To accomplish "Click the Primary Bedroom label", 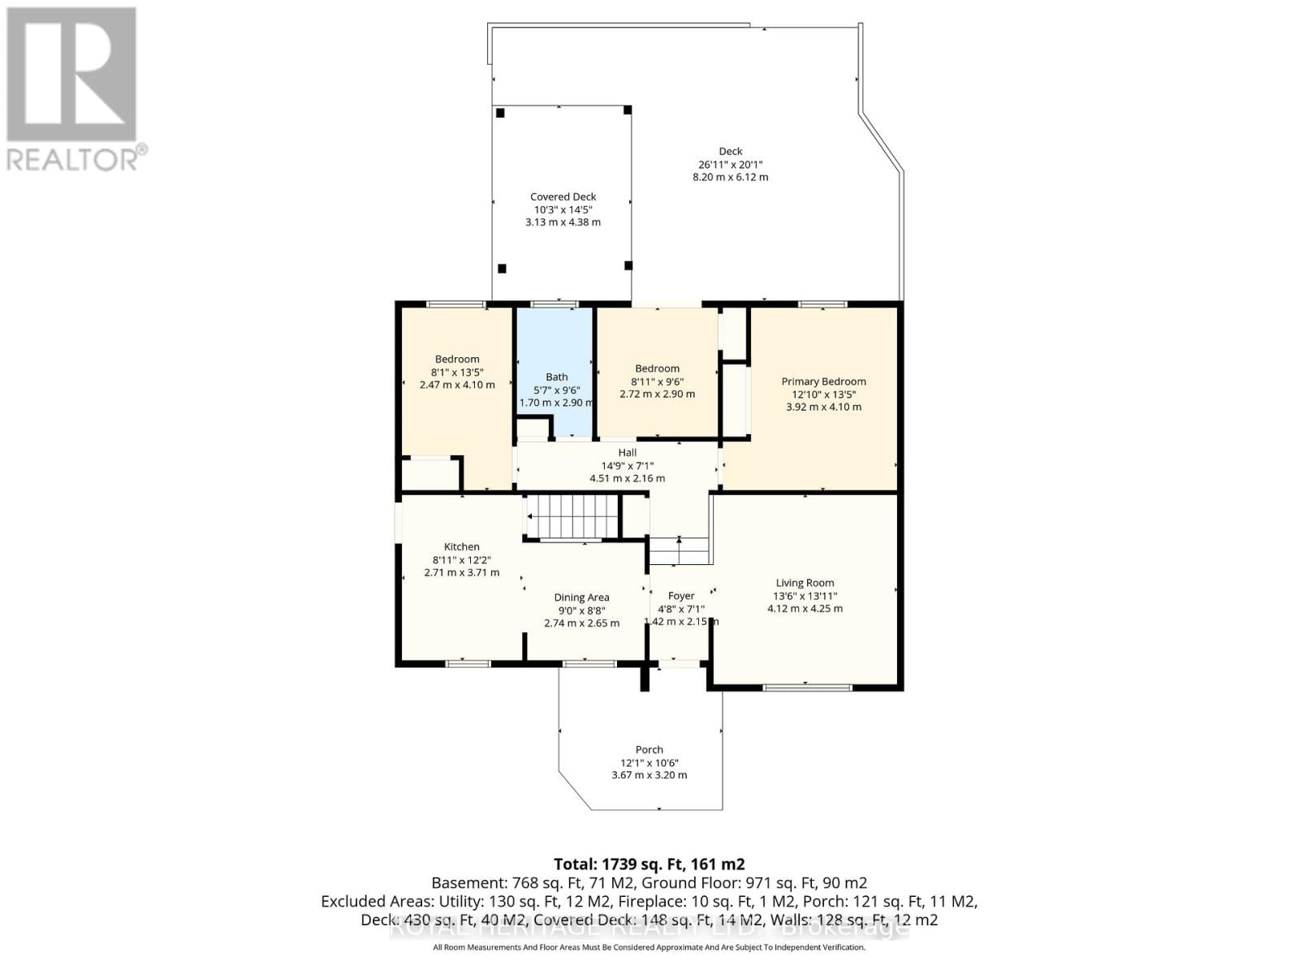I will (x=823, y=381).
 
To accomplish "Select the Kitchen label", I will (x=461, y=547).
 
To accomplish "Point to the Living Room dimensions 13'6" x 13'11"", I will (x=805, y=596).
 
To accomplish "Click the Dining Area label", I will (x=581, y=597).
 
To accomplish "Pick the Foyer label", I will (x=681, y=596).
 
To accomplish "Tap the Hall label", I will (x=627, y=453).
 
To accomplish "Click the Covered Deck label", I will (x=563, y=196).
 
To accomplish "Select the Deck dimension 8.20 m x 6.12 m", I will (x=730, y=177).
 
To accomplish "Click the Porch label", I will (x=649, y=750).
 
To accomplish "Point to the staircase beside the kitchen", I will (x=573, y=516).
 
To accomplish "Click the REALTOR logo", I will (x=73, y=89).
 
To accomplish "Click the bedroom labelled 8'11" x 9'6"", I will (x=657, y=381).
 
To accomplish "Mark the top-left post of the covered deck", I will (x=501, y=113).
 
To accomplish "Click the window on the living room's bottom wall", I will (x=807, y=687).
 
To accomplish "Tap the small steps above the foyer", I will (x=680, y=551).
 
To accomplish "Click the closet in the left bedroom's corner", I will (x=430, y=474).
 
